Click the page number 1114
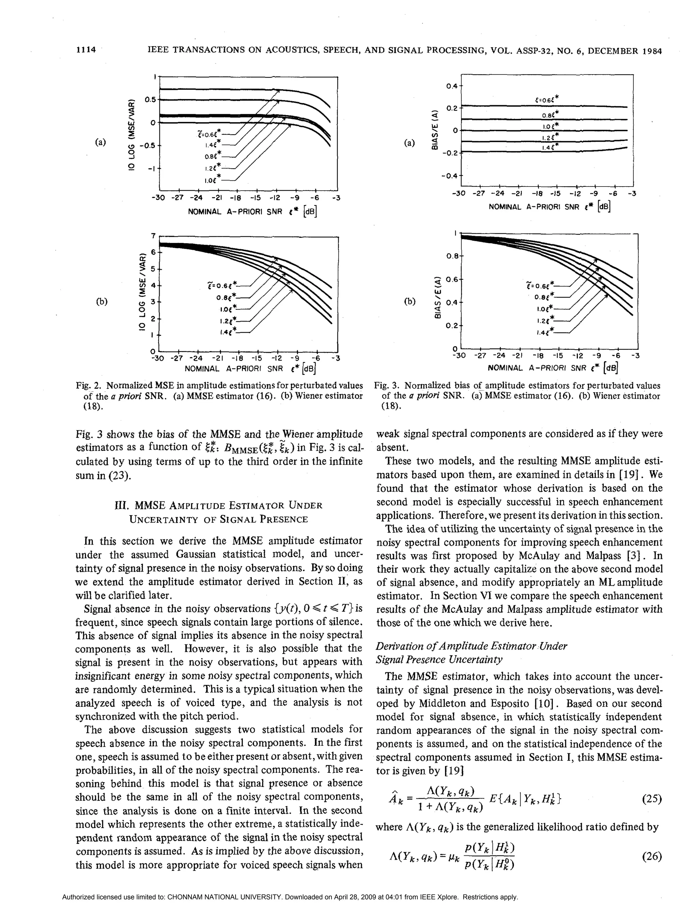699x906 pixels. coord(86,50)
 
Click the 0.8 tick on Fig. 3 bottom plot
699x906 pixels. coord(452,256)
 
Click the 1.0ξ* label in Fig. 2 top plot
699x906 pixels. coord(211,180)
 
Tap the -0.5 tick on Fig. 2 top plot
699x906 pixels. coord(147,146)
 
